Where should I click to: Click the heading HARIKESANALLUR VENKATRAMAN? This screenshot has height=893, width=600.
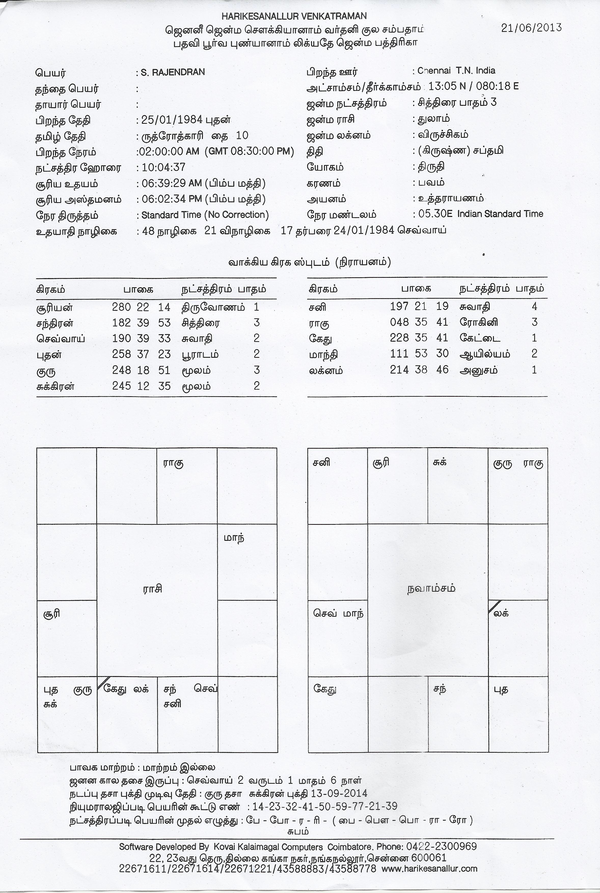294,16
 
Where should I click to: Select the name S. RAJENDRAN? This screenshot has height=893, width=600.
173,72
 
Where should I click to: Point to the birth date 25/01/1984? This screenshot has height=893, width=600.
172,120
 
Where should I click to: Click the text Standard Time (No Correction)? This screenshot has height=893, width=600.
205,215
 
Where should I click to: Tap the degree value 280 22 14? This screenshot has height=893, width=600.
141,307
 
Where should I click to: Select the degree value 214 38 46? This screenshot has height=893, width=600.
419,369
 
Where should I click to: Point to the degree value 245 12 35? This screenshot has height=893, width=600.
141,386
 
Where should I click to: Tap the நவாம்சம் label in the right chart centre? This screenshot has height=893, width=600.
431,588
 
